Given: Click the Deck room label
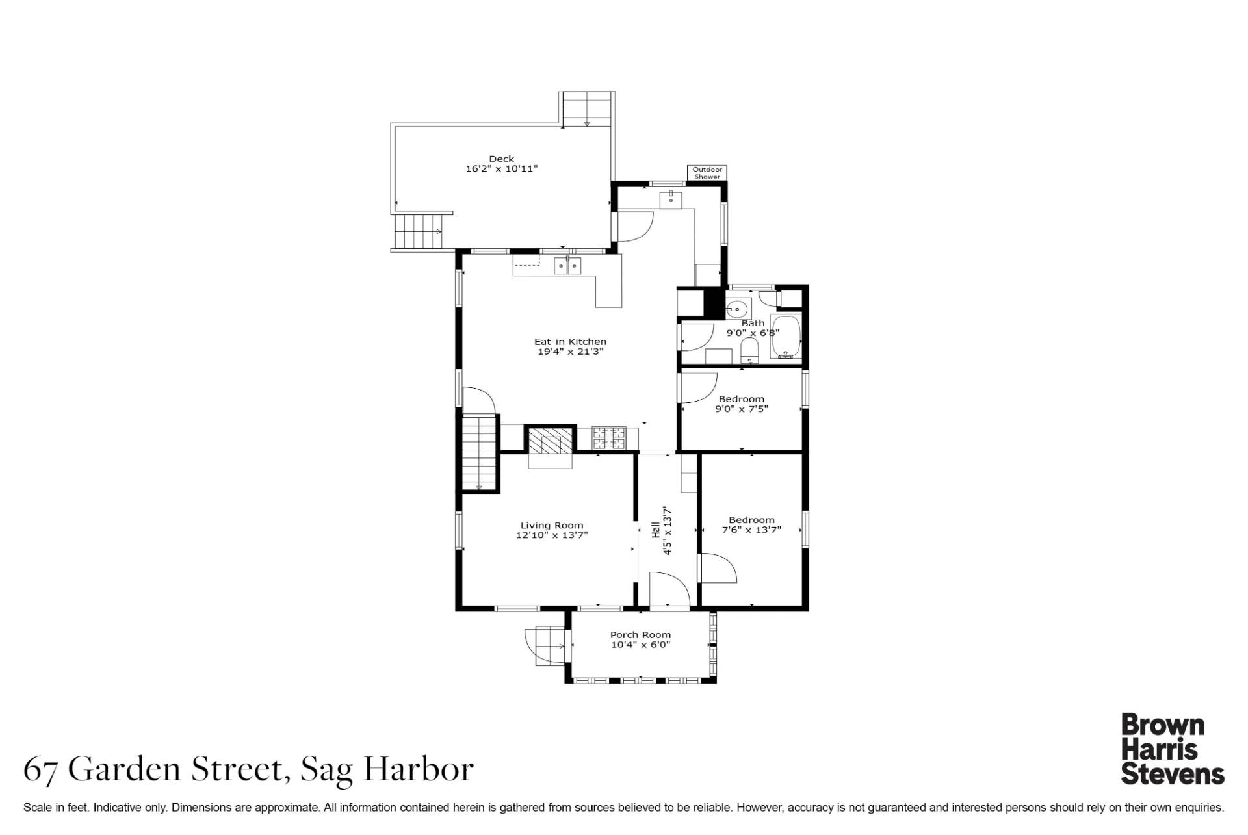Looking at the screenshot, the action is (x=501, y=159).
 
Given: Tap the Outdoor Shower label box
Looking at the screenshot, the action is (x=707, y=173).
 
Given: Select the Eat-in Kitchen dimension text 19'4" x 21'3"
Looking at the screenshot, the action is (x=570, y=352).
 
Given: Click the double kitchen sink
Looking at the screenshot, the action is (x=567, y=266).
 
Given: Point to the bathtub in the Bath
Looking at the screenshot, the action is (x=786, y=337).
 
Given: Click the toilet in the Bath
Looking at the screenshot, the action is (x=749, y=350).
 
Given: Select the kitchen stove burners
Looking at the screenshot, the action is (x=609, y=437).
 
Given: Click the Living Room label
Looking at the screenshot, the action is (x=552, y=526).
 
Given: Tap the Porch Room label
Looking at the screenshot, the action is (x=640, y=635).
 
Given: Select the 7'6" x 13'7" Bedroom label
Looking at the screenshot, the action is (x=751, y=525).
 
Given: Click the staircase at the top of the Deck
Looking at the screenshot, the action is (x=587, y=109).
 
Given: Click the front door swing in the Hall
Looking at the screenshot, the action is (x=669, y=590).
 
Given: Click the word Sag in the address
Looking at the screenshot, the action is (x=326, y=771).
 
